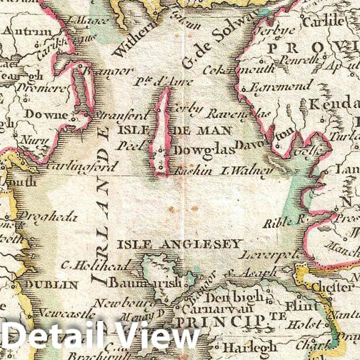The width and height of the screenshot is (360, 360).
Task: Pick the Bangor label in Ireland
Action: [108, 71]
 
